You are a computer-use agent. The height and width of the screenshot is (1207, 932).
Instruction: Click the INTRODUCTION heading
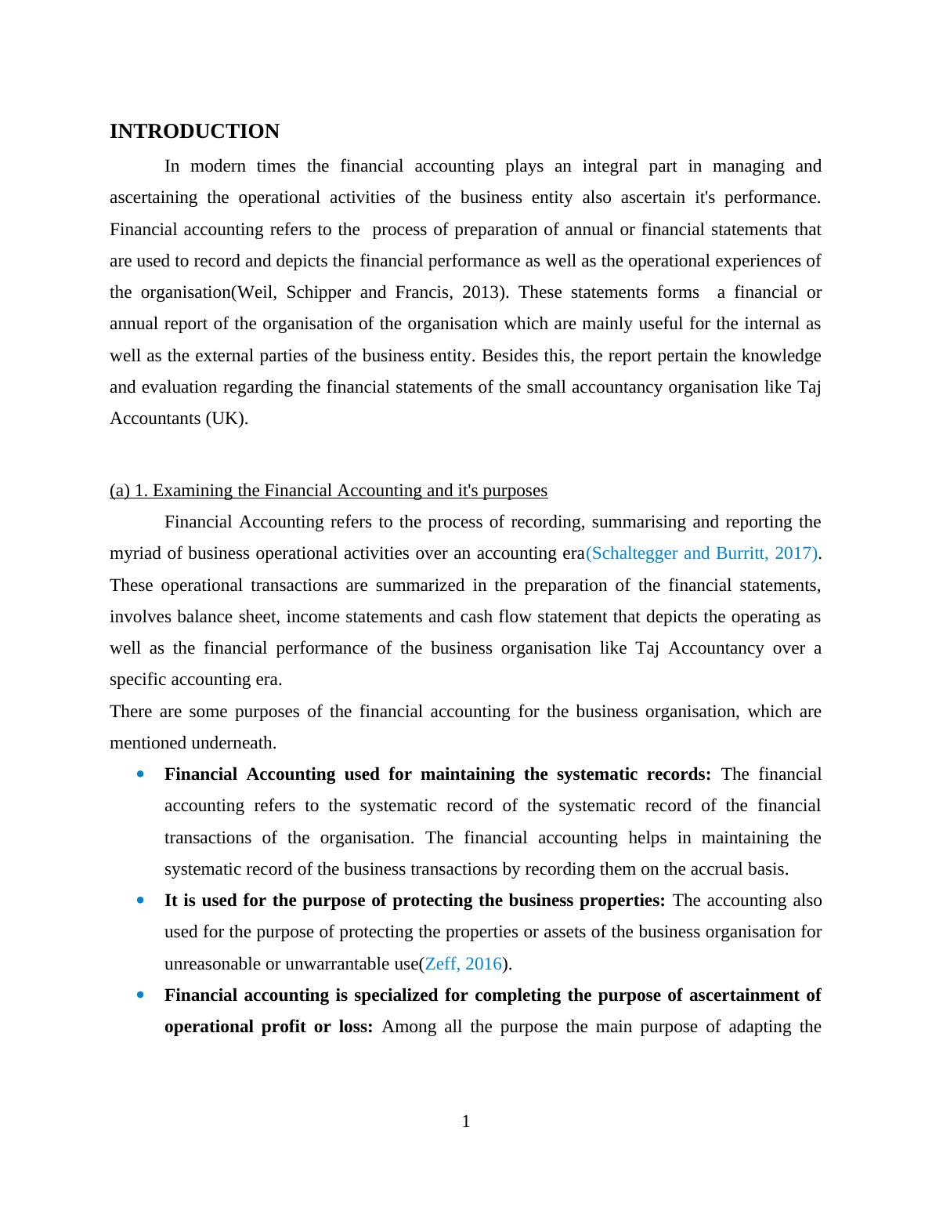pos(194,132)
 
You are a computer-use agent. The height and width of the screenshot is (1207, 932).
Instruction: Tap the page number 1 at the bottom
pos(466,1122)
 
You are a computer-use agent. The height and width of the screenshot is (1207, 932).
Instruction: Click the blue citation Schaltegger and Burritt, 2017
pos(702,553)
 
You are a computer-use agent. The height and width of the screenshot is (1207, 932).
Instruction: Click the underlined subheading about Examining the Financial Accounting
pos(328,491)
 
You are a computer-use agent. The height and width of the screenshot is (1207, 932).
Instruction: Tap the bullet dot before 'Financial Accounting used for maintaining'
pos(140,774)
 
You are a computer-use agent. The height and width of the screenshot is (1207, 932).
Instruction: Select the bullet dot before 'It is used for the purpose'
pos(140,901)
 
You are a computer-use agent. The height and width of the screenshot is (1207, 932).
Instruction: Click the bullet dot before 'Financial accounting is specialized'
pos(140,995)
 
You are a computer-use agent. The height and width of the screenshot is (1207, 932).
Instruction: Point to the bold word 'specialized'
pos(399,995)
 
